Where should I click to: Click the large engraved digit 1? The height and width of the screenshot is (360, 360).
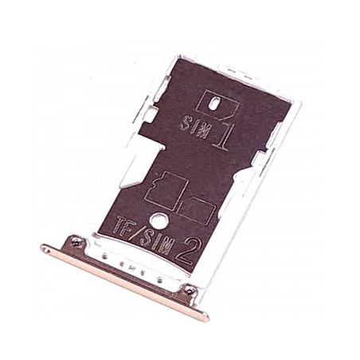pyautogui.click(x=222, y=137)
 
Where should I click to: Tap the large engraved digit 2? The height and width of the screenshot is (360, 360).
pyautogui.click(x=186, y=251)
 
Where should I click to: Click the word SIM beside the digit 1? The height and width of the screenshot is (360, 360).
pyautogui.click(x=196, y=125)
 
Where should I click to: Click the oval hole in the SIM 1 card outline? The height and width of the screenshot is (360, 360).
pyautogui.click(x=216, y=104)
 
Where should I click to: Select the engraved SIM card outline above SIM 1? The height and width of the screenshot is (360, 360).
pyautogui.click(x=217, y=105)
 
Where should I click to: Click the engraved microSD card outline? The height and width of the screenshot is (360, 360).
pyautogui.click(x=166, y=191)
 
